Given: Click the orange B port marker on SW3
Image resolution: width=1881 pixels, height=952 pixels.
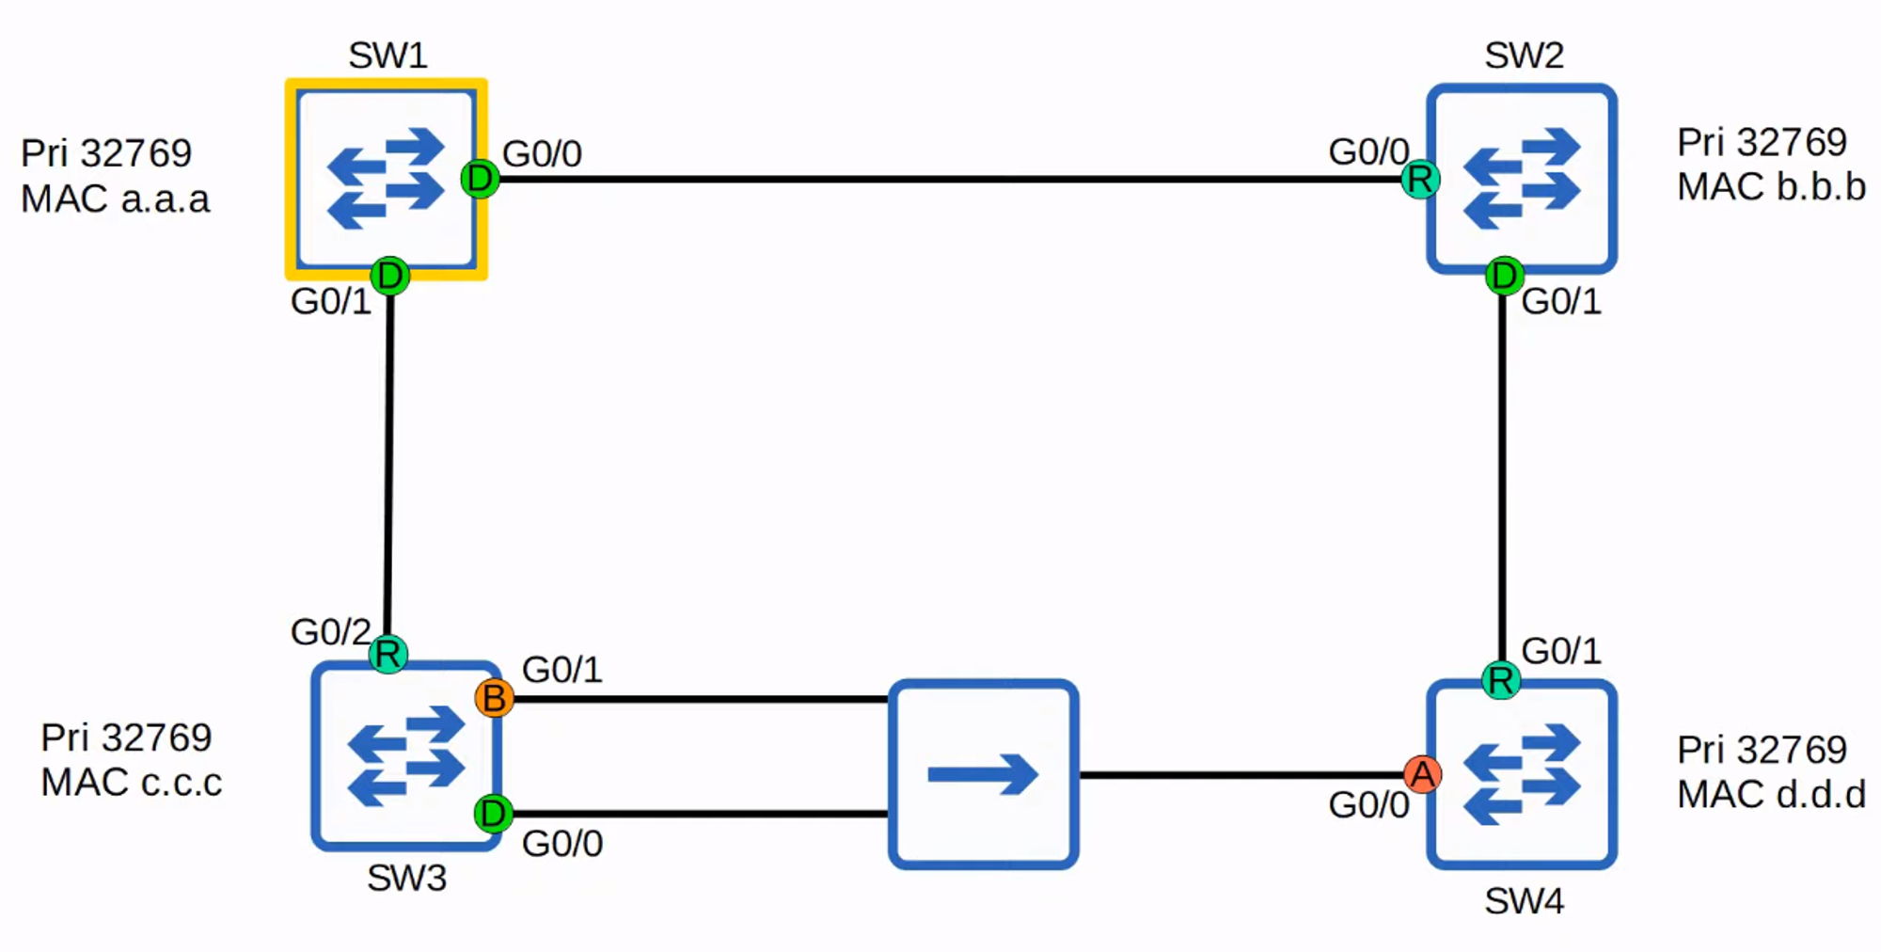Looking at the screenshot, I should pyautogui.click(x=494, y=698).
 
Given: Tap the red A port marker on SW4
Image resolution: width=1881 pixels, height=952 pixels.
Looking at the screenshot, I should pyautogui.click(x=1422, y=774).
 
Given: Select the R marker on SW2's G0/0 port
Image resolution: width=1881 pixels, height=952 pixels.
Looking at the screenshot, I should pyautogui.click(x=1419, y=179).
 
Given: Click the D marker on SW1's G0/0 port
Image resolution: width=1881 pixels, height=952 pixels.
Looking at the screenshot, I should pyautogui.click(x=480, y=178).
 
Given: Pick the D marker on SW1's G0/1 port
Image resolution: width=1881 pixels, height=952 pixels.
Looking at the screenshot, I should pyautogui.click(x=389, y=276).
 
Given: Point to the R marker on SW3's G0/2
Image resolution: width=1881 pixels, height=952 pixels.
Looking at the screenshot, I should pyautogui.click(x=387, y=654).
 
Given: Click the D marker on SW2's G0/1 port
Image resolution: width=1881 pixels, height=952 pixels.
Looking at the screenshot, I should pyautogui.click(x=1504, y=276).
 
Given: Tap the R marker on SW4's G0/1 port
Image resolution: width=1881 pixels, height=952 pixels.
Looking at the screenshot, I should pyautogui.click(x=1501, y=679).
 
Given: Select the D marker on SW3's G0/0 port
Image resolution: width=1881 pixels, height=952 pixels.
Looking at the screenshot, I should pyautogui.click(x=493, y=813).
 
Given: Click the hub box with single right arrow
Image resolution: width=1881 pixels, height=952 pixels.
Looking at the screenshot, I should pyautogui.click(x=983, y=773).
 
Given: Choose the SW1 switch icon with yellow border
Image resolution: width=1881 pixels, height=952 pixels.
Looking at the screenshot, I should pyautogui.click(x=387, y=179).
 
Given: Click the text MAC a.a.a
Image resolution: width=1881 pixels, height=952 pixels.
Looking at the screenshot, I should pyautogui.click(x=115, y=199).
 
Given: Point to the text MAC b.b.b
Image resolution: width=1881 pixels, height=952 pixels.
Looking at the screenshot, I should pyautogui.click(x=1771, y=187).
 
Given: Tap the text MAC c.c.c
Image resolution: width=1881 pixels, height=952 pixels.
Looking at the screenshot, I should pyautogui.click(x=131, y=783).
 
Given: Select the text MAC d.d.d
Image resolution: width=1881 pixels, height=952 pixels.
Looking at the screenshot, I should pyautogui.click(x=1771, y=795).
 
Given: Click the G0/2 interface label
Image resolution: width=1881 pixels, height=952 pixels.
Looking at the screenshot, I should pyautogui.click(x=329, y=632).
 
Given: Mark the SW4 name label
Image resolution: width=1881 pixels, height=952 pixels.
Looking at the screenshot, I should pyautogui.click(x=1524, y=901).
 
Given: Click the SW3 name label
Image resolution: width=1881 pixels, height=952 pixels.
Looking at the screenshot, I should pyautogui.click(x=406, y=878).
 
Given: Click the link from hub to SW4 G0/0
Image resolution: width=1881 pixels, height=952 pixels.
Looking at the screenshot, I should pyautogui.click(x=1241, y=775).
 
